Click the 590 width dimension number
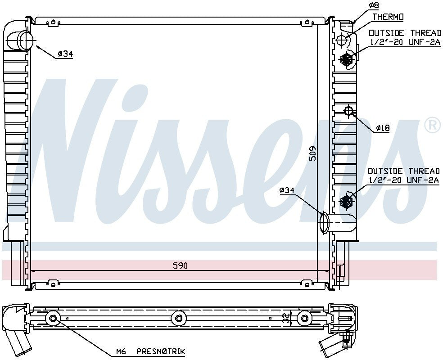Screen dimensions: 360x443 click(x=180, y=265)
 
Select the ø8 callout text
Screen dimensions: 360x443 click(x=374, y=5)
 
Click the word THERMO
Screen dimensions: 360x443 click(x=388, y=17)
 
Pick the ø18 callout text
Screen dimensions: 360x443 click(x=383, y=128)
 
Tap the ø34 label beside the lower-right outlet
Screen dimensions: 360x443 click(x=287, y=191)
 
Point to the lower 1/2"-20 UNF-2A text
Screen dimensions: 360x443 click(x=404, y=180)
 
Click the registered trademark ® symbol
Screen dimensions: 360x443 click(x=432, y=126)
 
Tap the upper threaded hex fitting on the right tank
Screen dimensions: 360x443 click(x=347, y=58)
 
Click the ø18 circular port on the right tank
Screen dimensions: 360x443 click(x=348, y=111)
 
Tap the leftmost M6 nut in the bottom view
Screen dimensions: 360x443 click(x=54, y=319)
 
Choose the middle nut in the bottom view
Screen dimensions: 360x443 click(x=179, y=319)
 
